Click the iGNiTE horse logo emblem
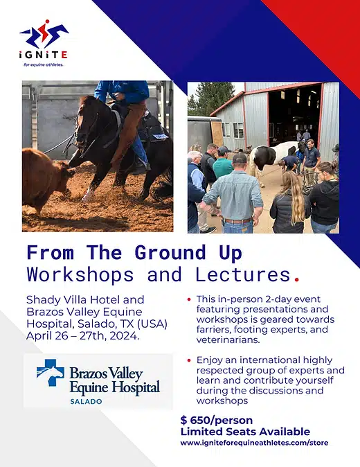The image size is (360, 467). click(44, 34)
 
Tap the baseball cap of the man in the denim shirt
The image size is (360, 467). click(240, 158)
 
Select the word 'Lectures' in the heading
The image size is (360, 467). click(243, 274)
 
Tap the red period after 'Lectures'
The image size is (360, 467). click(296, 279)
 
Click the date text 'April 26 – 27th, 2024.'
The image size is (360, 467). click(82, 336)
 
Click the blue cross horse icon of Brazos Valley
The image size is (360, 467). click(51, 372)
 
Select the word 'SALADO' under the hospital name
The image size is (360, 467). click(86, 401)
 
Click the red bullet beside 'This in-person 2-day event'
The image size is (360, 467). click(189, 299)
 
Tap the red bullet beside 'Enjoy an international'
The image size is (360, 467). click(189, 360)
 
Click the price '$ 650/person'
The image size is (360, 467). click(216, 421)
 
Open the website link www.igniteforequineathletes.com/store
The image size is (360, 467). click(254, 443)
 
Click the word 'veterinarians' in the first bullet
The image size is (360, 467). click(227, 340)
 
